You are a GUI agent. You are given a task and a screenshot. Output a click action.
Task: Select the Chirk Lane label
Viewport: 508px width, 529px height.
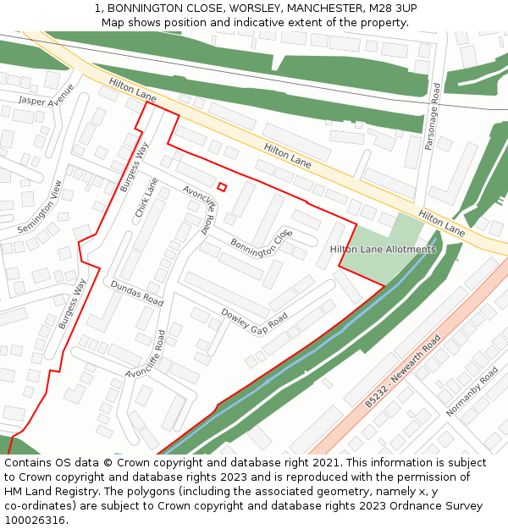click(x=146, y=197)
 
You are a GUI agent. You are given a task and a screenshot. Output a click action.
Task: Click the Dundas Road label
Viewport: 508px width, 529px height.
click(x=136, y=294)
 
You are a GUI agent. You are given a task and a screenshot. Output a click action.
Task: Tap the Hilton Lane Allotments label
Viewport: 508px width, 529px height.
click(x=383, y=250)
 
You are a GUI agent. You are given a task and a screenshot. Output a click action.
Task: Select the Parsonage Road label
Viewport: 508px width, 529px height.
click(x=433, y=117)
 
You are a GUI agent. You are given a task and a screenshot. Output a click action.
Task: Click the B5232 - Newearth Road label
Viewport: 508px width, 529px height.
click(x=404, y=372)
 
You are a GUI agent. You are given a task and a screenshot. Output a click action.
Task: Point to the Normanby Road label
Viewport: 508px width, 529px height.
click(x=472, y=391)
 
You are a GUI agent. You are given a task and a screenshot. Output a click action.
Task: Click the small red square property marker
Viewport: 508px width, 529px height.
click(x=222, y=187)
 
